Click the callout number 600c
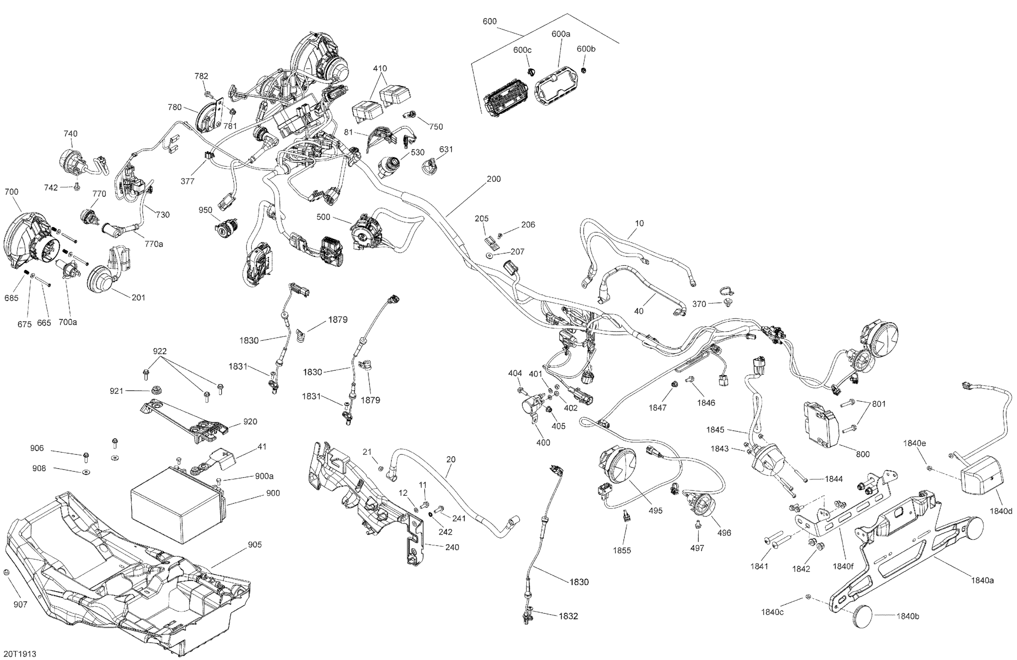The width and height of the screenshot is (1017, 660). click(x=522, y=50)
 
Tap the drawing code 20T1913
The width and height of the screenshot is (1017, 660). click(x=20, y=654)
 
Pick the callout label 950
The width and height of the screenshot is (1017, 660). click(x=205, y=210)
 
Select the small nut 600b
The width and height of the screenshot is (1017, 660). click(x=584, y=69)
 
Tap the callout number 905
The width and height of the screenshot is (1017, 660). click(x=255, y=545)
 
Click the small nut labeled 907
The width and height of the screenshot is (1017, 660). click(x=7, y=572)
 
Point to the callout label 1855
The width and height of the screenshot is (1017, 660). click(x=622, y=550)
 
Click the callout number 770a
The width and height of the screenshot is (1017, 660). click(x=153, y=244)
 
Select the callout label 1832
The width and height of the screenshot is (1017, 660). click(x=568, y=616)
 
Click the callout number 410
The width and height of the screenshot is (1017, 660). click(x=380, y=68)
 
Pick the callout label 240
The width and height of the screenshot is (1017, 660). click(x=452, y=547)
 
